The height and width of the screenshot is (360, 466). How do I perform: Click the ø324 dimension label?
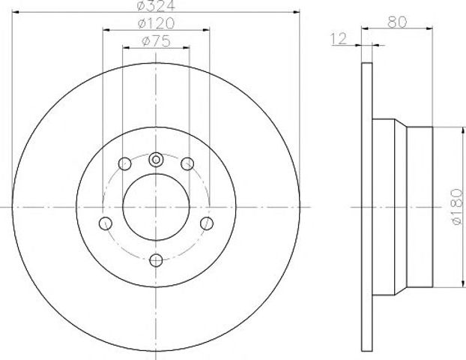tap(156, 5)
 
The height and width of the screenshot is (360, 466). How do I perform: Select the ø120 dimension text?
tap(156, 23)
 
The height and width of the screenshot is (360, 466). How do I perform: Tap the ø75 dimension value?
tap(156, 41)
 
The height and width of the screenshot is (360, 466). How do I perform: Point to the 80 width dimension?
tap(397, 22)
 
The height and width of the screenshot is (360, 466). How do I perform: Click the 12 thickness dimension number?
tap(339, 39)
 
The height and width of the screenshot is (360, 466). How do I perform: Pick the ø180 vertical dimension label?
tap(457, 206)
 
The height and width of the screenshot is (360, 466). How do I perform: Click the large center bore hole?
tap(156, 207)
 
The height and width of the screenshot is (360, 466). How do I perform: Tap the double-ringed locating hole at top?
tap(156, 160)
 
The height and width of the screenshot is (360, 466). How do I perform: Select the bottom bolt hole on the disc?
tap(156, 261)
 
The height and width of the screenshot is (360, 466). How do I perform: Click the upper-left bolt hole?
tap(124, 163)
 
